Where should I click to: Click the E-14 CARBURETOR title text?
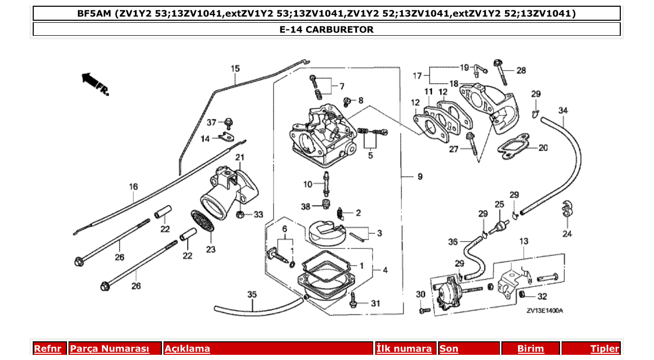pyautogui.click(x=326, y=30)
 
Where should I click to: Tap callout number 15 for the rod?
pyautogui.click(x=235, y=68)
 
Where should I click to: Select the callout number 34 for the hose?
pyautogui.click(x=563, y=110)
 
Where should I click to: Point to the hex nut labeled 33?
pyautogui.click(x=241, y=214)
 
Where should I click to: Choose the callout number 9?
pyautogui.click(x=419, y=177)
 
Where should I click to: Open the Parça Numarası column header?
pyautogui.click(x=110, y=349)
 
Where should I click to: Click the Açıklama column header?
pyautogui.click(x=187, y=349)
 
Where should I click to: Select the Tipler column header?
pyautogui.click(x=604, y=349)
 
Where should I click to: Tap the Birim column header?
pyautogui.click(x=530, y=349)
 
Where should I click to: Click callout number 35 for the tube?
pyautogui.click(x=252, y=295)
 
